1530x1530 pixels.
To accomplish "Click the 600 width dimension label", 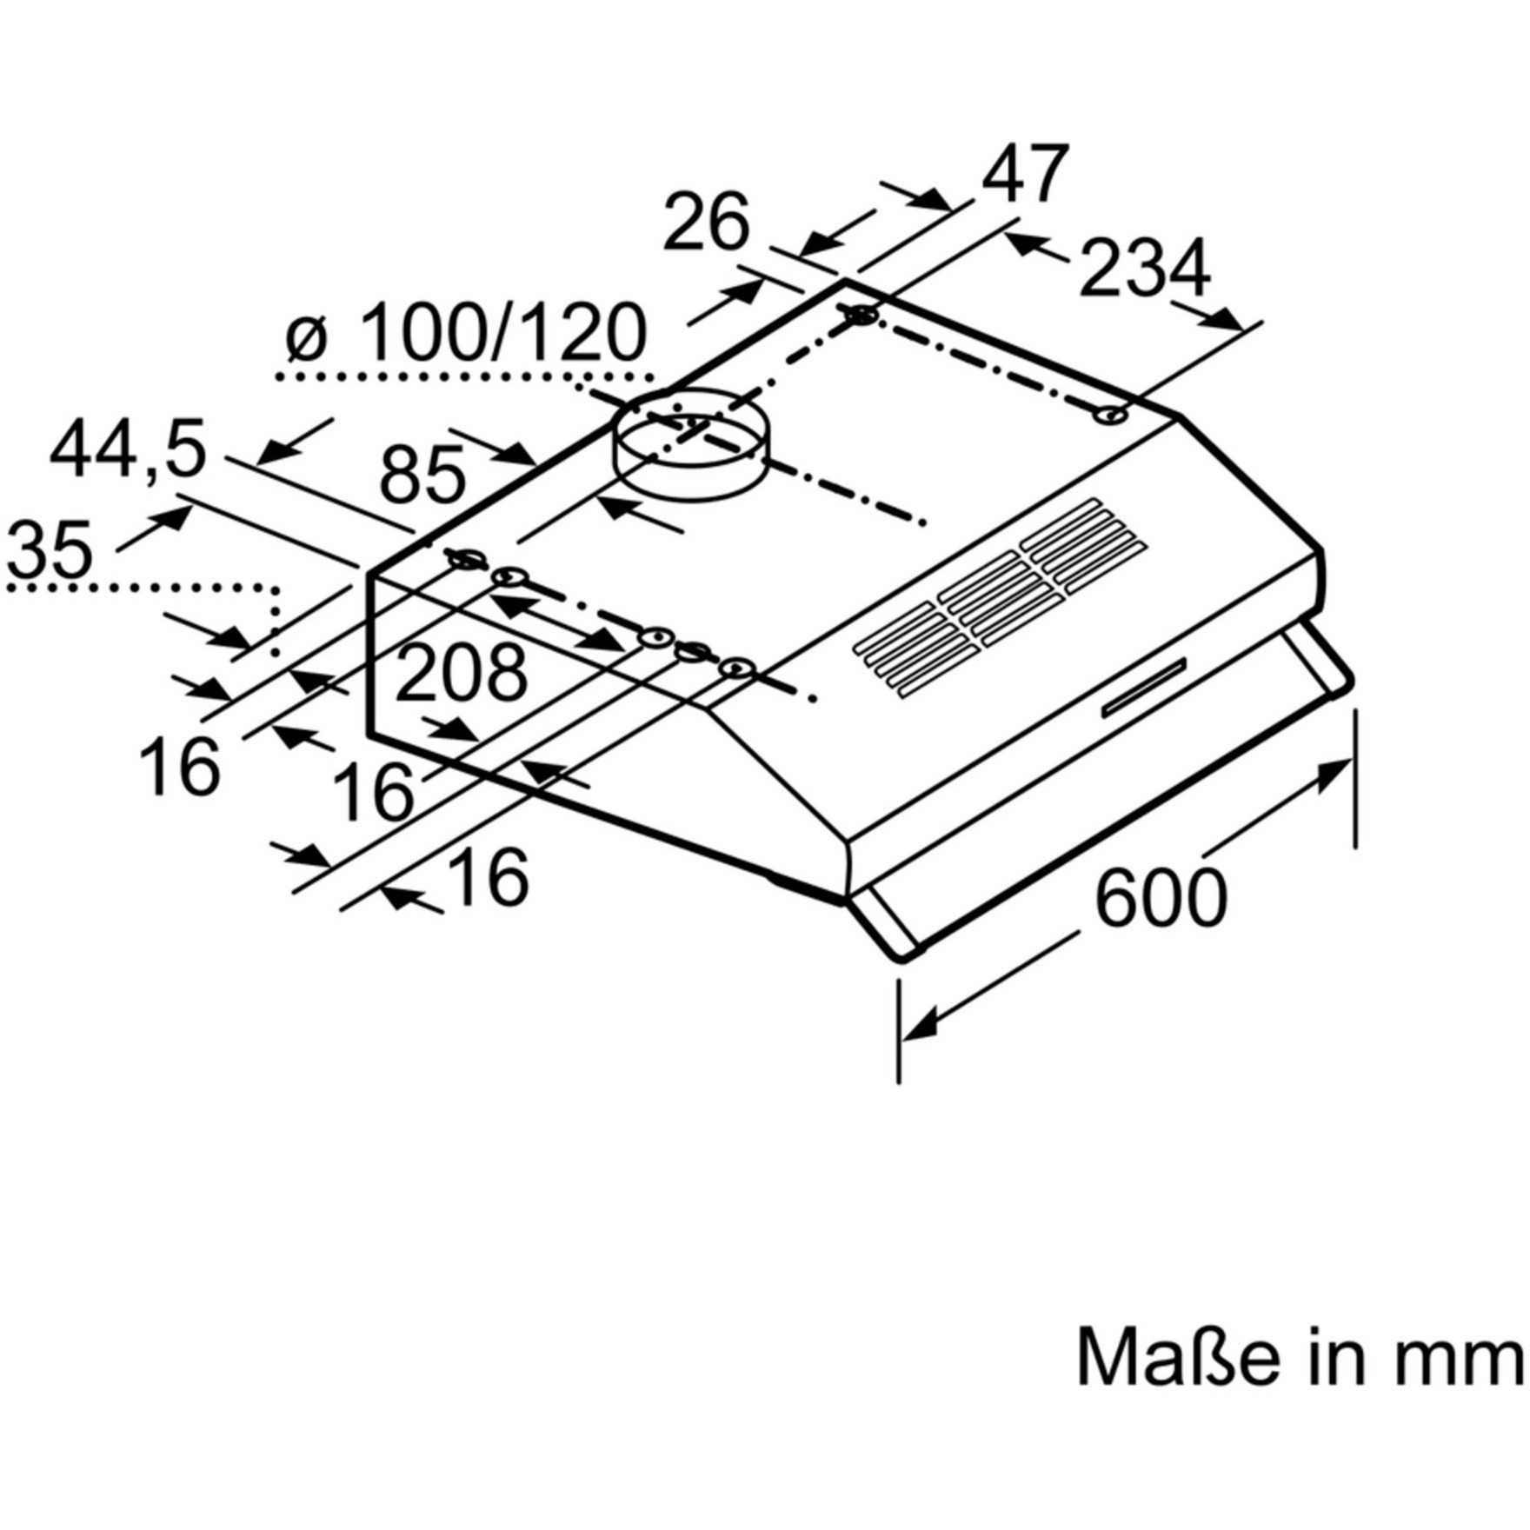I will coord(1160,898).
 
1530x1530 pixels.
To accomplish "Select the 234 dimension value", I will coord(1144,267).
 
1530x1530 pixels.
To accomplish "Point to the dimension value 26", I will coord(705,223).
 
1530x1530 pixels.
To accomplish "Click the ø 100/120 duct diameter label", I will coord(467,334).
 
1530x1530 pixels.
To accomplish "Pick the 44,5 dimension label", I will coord(127,450).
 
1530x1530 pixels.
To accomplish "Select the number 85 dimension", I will coord(422,475).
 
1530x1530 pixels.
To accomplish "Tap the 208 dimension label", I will coord(461,674).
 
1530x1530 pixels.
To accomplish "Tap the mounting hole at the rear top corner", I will coord(861,315).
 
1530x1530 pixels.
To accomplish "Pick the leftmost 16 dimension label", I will coord(179,767).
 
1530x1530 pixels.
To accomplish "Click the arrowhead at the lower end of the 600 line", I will coord(921,1026).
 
